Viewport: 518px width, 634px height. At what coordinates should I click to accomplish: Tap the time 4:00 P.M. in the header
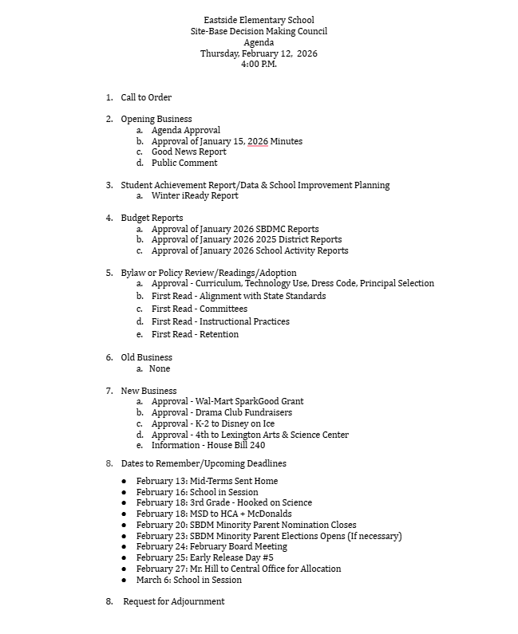[259, 65]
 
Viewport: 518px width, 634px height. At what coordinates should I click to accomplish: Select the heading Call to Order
[146, 97]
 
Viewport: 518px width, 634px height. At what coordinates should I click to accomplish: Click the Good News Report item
[188, 152]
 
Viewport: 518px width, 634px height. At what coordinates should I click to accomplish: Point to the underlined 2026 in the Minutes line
[257, 141]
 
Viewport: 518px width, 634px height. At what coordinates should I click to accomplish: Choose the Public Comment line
[184, 163]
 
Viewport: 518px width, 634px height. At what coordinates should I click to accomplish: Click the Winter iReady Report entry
[195, 195]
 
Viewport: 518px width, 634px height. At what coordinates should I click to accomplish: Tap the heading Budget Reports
[152, 218]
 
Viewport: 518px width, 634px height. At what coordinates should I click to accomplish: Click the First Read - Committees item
[200, 309]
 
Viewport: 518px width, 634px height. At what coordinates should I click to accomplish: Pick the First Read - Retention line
[195, 334]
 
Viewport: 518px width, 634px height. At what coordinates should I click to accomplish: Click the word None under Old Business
[160, 368]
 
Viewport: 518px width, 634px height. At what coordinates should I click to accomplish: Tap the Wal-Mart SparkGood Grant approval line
[227, 401]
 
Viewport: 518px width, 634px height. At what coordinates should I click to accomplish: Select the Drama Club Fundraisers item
[222, 412]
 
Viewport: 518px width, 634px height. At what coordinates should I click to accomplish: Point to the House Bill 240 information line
[208, 446]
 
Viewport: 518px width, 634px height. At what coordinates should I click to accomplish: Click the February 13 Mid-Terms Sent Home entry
[207, 481]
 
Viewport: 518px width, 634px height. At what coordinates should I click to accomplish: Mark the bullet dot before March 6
[124, 580]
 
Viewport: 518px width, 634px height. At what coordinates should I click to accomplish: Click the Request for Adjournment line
[173, 601]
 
